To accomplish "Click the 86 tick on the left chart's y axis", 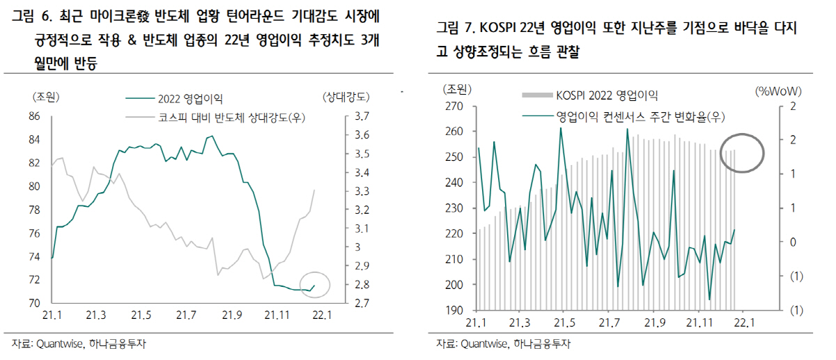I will point(34,116).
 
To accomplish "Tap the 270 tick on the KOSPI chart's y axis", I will point(454,107).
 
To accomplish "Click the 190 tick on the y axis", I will point(454,311).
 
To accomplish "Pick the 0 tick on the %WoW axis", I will point(792,242).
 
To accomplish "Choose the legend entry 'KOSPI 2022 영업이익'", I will point(606,95).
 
